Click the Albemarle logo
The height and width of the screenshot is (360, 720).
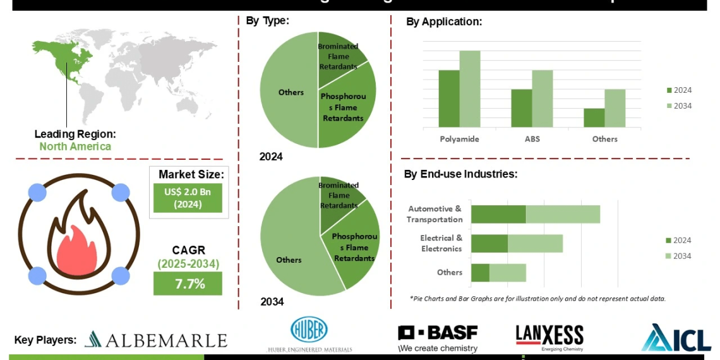(x=155, y=340)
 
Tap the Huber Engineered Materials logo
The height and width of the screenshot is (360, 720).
(x=309, y=335)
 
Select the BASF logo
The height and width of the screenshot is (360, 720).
(x=438, y=338)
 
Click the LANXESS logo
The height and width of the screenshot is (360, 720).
(x=549, y=337)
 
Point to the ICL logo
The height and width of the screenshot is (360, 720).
(x=676, y=338)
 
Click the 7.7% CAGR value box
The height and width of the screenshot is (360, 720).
(x=188, y=284)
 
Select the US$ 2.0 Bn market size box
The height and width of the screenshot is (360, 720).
(x=188, y=198)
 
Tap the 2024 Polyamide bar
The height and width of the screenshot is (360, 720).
(x=449, y=99)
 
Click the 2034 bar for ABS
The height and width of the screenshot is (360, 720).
(x=542, y=99)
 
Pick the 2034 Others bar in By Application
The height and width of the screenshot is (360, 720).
(x=615, y=108)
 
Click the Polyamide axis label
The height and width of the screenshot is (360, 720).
(x=459, y=139)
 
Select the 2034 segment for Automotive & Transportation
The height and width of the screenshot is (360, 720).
(x=563, y=214)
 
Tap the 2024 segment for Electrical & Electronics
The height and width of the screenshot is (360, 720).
(x=489, y=243)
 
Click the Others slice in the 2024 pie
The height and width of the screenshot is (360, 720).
(x=289, y=92)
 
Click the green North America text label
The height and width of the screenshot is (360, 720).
(x=75, y=147)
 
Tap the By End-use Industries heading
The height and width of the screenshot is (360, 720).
(x=460, y=174)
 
